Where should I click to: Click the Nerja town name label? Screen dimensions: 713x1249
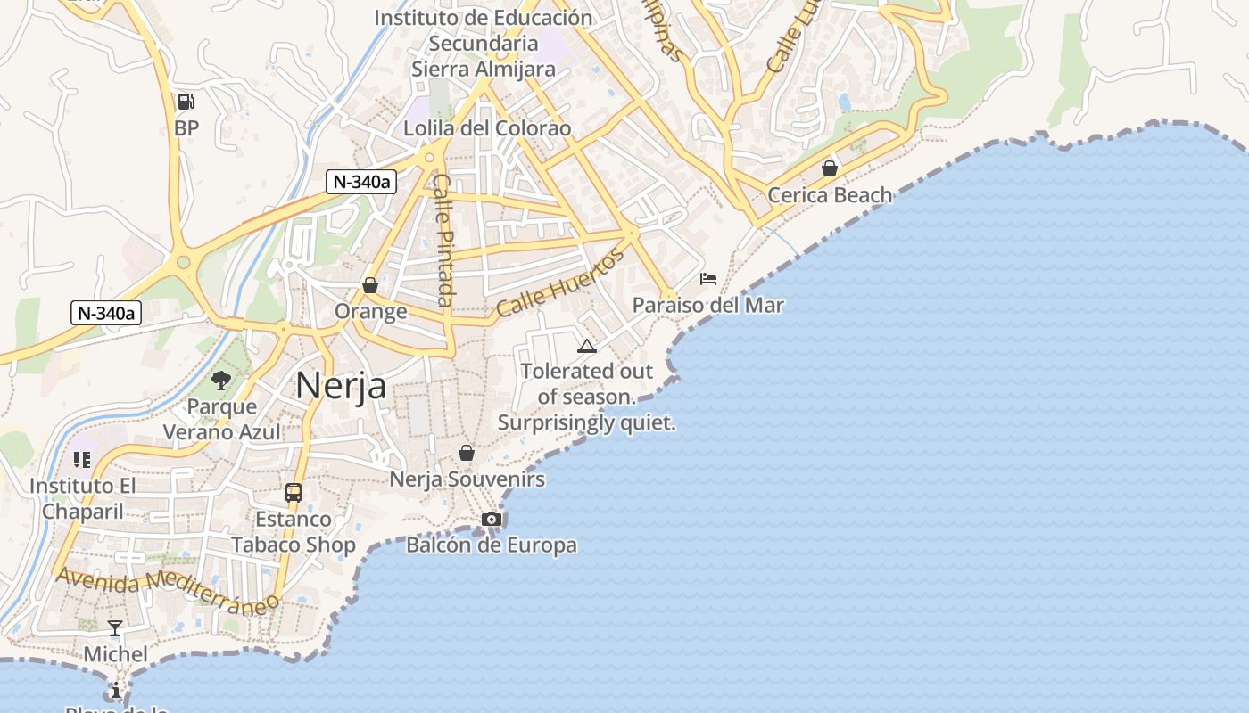[x=341, y=385]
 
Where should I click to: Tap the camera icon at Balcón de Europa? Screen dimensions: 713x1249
[x=491, y=519]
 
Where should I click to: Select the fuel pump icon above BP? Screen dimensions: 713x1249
[x=186, y=102]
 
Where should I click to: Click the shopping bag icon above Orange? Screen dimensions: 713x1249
[x=370, y=285]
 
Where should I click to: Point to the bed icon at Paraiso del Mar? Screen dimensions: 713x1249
[x=708, y=278]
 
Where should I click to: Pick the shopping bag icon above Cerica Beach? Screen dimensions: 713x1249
[x=830, y=168]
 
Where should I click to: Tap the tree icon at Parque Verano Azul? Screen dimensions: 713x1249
[x=221, y=381]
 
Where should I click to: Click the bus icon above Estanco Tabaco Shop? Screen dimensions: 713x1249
[x=293, y=492]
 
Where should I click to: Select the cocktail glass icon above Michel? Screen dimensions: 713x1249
[x=115, y=627]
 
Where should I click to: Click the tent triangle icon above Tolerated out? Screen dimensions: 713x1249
[x=586, y=346]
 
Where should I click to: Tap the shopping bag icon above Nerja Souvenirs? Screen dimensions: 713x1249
[x=466, y=453]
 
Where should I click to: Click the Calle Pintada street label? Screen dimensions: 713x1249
[x=443, y=239]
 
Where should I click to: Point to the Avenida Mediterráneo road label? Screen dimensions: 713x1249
[x=167, y=589]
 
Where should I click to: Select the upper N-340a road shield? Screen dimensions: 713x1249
[x=361, y=181]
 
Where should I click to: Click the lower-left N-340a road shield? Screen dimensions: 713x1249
[x=106, y=313]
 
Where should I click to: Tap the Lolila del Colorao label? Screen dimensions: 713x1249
[x=487, y=127]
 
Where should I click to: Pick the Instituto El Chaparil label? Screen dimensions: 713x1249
[x=82, y=498]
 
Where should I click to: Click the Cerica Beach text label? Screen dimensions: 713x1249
[x=830, y=194]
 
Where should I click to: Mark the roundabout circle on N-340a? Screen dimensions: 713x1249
[x=184, y=262]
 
